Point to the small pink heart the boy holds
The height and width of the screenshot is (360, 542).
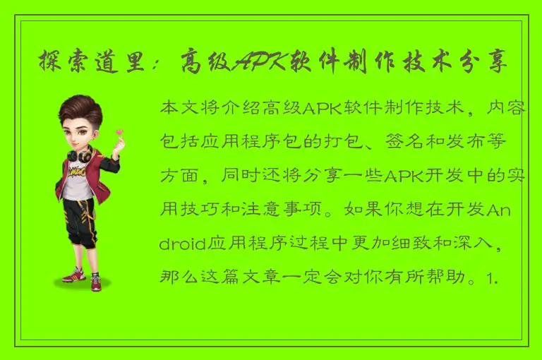pos(120,131)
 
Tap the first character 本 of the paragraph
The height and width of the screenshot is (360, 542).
pos(170,109)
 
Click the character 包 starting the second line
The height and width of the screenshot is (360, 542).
pos(170,143)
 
